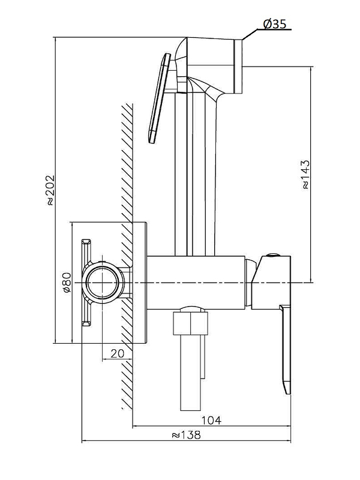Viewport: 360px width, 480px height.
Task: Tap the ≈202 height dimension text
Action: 50,190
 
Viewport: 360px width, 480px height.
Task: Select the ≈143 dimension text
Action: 304,174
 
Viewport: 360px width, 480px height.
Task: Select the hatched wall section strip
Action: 126,252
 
